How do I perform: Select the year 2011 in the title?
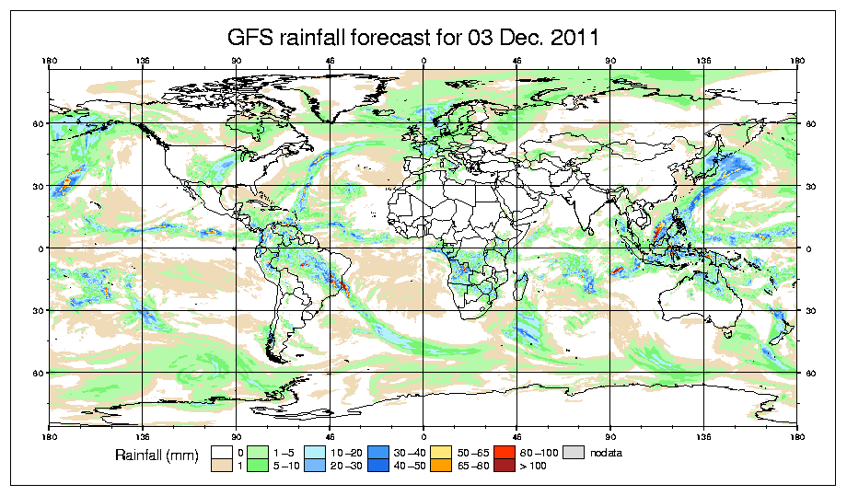571,38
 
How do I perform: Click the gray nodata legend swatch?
574,452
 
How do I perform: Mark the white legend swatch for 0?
221,452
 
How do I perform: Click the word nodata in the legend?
605,452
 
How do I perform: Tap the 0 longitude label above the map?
423,63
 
